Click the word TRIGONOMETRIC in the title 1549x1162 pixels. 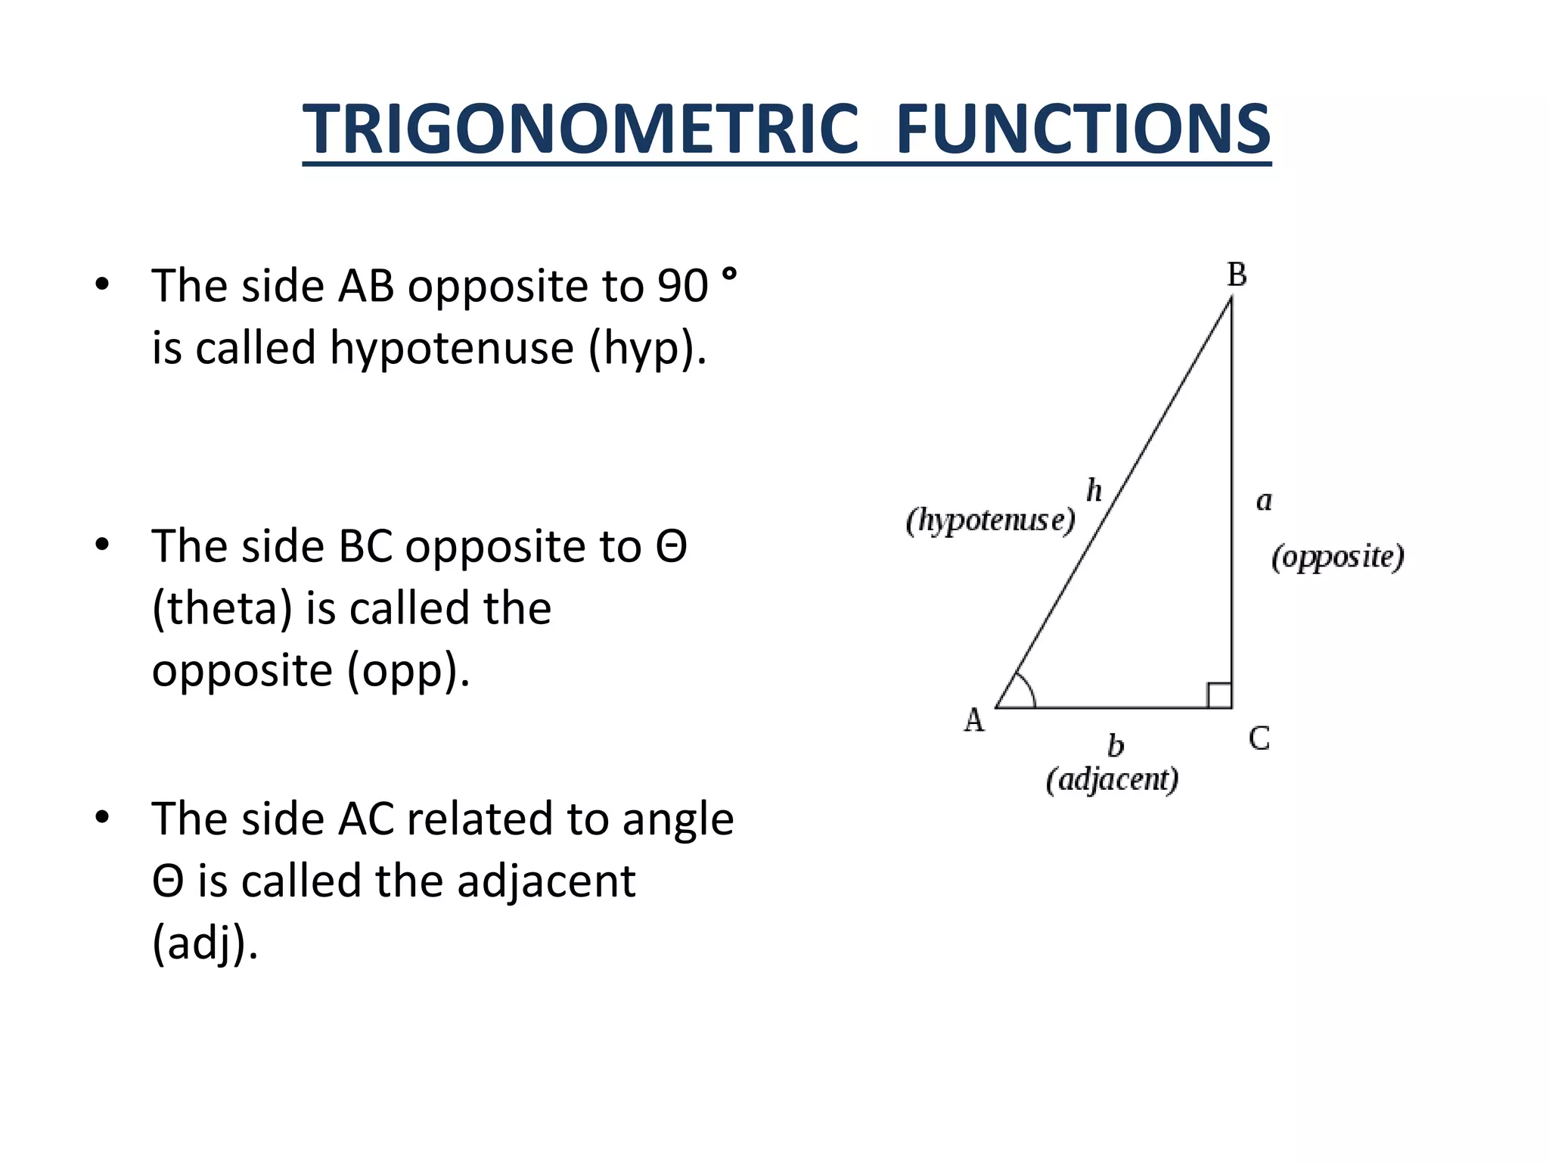click(x=580, y=129)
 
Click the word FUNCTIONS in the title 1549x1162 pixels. click(x=1082, y=129)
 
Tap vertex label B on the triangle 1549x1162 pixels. click(x=1237, y=275)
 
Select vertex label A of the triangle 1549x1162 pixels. click(x=974, y=720)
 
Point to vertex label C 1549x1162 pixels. click(x=1259, y=738)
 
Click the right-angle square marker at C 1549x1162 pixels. click(x=1219, y=695)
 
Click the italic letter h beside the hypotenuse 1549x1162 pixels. click(x=1094, y=491)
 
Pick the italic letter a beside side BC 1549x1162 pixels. click(x=1264, y=501)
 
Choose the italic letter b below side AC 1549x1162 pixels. click(x=1116, y=746)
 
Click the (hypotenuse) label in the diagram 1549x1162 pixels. click(x=990, y=520)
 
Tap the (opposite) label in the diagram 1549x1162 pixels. click(x=1337, y=557)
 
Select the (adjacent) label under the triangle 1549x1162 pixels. click(x=1112, y=779)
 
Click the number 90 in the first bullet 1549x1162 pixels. click(x=682, y=287)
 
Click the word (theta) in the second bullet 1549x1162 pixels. click(x=222, y=608)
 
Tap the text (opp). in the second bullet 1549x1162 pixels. click(x=408, y=670)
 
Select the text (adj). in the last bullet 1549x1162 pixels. click(x=205, y=943)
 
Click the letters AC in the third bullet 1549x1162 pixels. click(x=366, y=819)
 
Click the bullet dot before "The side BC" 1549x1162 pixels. click(x=102, y=545)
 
